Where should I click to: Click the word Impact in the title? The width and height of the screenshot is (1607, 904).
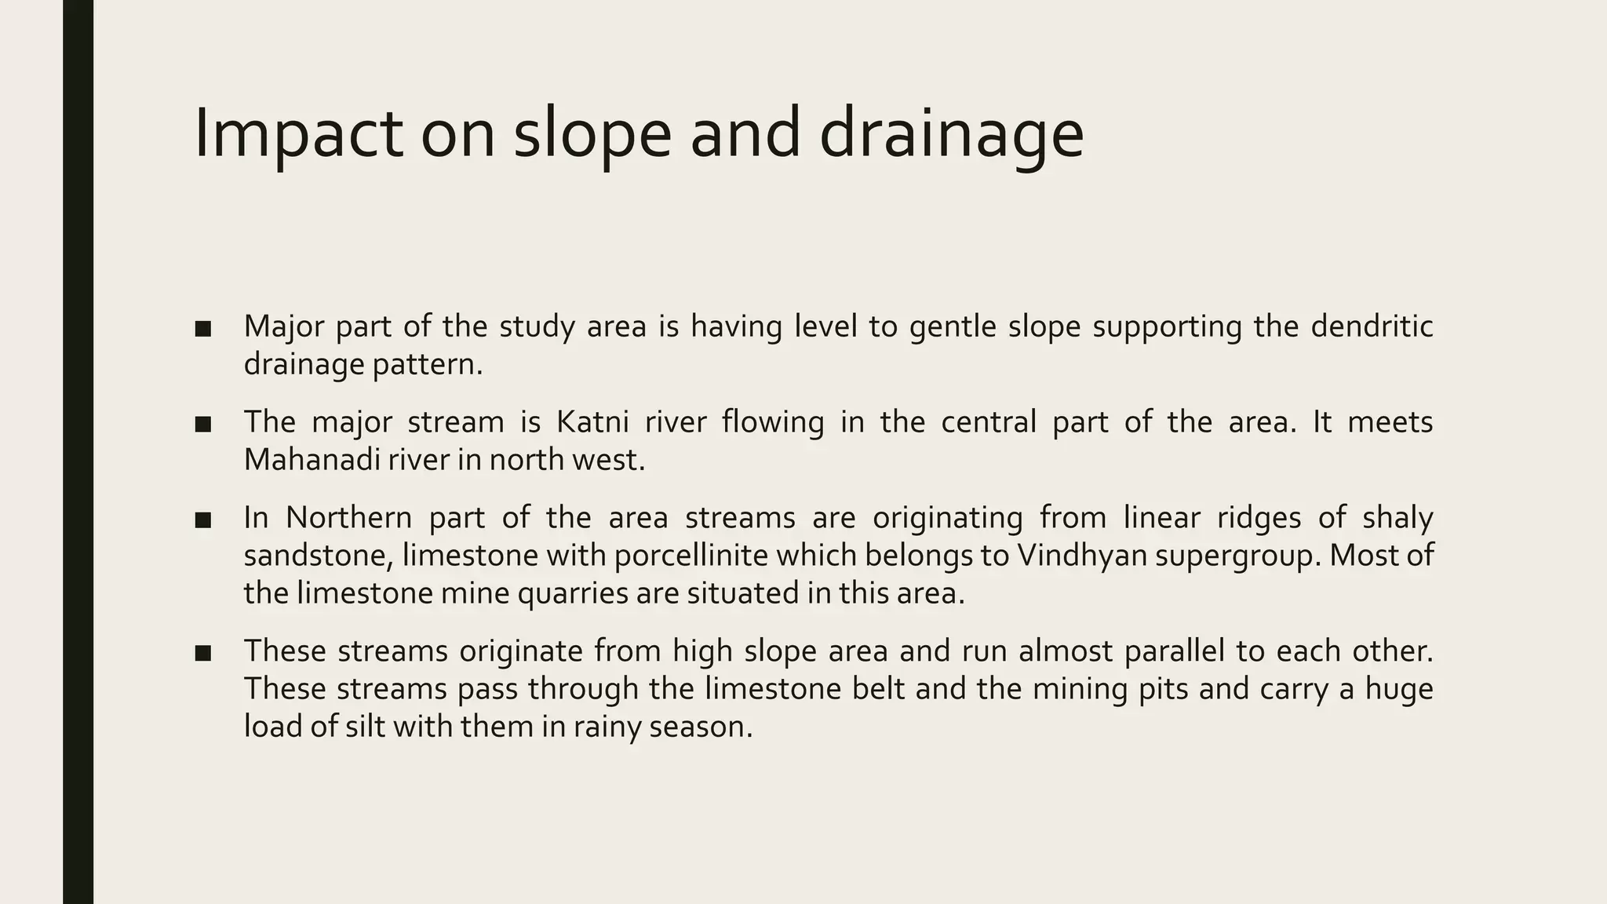(297, 133)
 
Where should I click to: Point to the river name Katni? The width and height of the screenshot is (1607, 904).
(592, 422)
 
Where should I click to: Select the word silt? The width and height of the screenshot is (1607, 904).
(365, 727)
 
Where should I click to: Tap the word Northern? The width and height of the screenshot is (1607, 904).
(348, 518)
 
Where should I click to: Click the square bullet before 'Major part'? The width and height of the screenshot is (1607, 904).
(203, 328)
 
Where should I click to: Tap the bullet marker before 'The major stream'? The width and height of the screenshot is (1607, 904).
(203, 424)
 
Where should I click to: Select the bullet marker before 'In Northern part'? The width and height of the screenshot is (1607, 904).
(203, 519)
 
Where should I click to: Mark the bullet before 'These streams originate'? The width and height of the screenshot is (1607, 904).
(203, 653)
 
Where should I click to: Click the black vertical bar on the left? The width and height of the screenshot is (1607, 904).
(78, 452)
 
